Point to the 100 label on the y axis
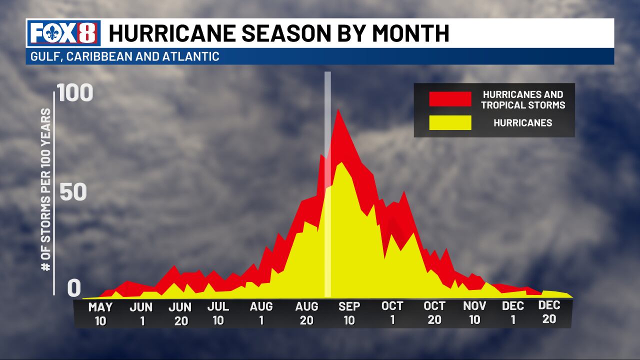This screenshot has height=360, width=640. [75, 93]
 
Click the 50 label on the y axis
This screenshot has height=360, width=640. [73, 193]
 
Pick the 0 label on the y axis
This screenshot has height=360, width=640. [74, 288]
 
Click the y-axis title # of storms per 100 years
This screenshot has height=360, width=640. [46, 189]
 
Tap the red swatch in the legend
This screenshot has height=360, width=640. [450, 99]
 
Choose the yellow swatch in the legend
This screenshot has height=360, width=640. [450, 122]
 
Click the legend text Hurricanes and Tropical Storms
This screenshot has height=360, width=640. [522, 99]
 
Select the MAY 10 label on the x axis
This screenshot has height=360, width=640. [100, 313]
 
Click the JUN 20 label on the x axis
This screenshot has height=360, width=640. [180, 313]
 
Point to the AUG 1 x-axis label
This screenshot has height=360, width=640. [261, 313]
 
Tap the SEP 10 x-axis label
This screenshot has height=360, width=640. [349, 313]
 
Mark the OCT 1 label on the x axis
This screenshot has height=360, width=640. [392, 312]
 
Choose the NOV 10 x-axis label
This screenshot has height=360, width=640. [475, 312]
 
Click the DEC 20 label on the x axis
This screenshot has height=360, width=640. [549, 312]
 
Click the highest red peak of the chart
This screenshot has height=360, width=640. [338, 110]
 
